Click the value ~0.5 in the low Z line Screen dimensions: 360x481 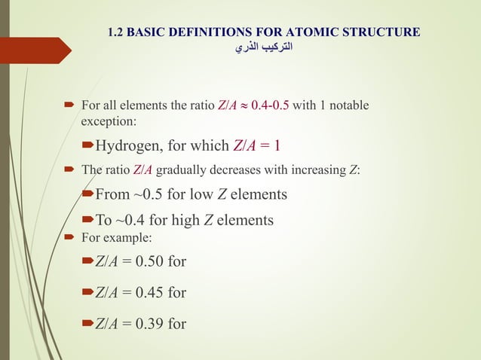point(149,194)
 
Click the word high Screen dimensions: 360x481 point(170,221)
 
